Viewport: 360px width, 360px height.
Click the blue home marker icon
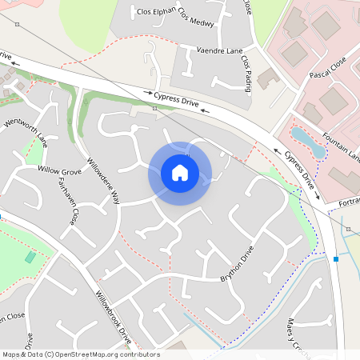(x=180, y=173)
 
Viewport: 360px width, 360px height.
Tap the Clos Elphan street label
(x=155, y=13)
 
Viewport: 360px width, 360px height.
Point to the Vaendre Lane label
(x=219, y=50)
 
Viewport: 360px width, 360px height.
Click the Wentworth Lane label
(x=26, y=133)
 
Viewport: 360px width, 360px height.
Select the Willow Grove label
(x=60, y=171)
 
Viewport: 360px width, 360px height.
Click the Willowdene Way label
(x=102, y=180)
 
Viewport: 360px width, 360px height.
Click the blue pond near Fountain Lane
(x=308, y=142)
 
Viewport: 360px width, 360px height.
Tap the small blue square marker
(x=337, y=259)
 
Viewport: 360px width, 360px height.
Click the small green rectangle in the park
(x=30, y=257)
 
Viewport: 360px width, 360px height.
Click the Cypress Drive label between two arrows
(x=178, y=100)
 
